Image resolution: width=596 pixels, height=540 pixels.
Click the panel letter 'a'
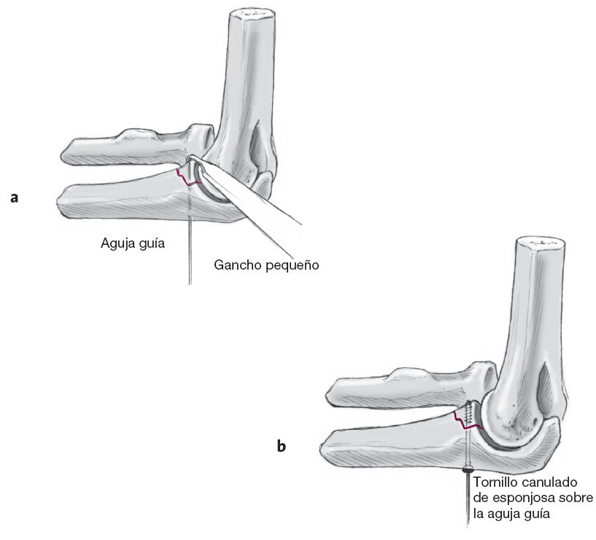point(14,197)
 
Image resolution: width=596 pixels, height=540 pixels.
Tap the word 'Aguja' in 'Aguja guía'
point(116,244)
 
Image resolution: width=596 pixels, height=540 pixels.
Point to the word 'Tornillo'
point(495,482)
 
